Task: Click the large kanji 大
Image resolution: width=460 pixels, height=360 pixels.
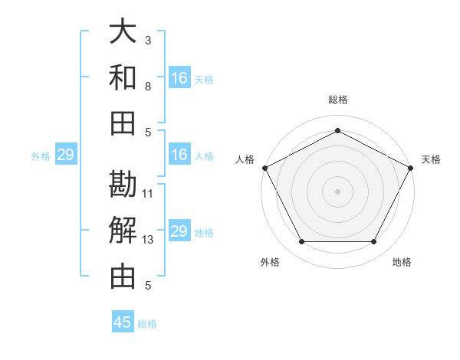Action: [x=123, y=32]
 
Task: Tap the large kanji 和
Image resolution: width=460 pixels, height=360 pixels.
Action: [x=123, y=77]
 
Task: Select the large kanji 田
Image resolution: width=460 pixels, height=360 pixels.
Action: [x=123, y=122]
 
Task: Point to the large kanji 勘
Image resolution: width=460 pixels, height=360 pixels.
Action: [x=123, y=184]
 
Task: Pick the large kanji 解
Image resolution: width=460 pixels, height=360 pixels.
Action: [x=123, y=229]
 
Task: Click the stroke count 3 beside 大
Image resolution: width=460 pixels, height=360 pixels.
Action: [x=148, y=40]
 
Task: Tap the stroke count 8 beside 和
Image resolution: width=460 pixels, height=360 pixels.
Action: [x=148, y=86]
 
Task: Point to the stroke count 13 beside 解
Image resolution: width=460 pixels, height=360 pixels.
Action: [x=148, y=240]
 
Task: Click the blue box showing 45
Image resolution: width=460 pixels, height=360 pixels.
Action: [x=123, y=322]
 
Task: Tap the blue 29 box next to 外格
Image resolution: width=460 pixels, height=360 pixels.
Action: [x=65, y=155]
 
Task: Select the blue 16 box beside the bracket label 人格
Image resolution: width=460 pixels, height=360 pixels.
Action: [x=179, y=155]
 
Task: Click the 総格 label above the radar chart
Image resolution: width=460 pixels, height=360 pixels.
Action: [x=338, y=100]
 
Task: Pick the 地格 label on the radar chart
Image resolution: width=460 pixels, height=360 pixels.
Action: [x=402, y=263]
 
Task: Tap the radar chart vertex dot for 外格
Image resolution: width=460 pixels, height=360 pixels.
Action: [x=301, y=242]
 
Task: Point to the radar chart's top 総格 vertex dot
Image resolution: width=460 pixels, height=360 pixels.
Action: [x=337, y=130]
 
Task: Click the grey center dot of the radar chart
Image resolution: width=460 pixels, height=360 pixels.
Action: [x=337, y=191]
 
